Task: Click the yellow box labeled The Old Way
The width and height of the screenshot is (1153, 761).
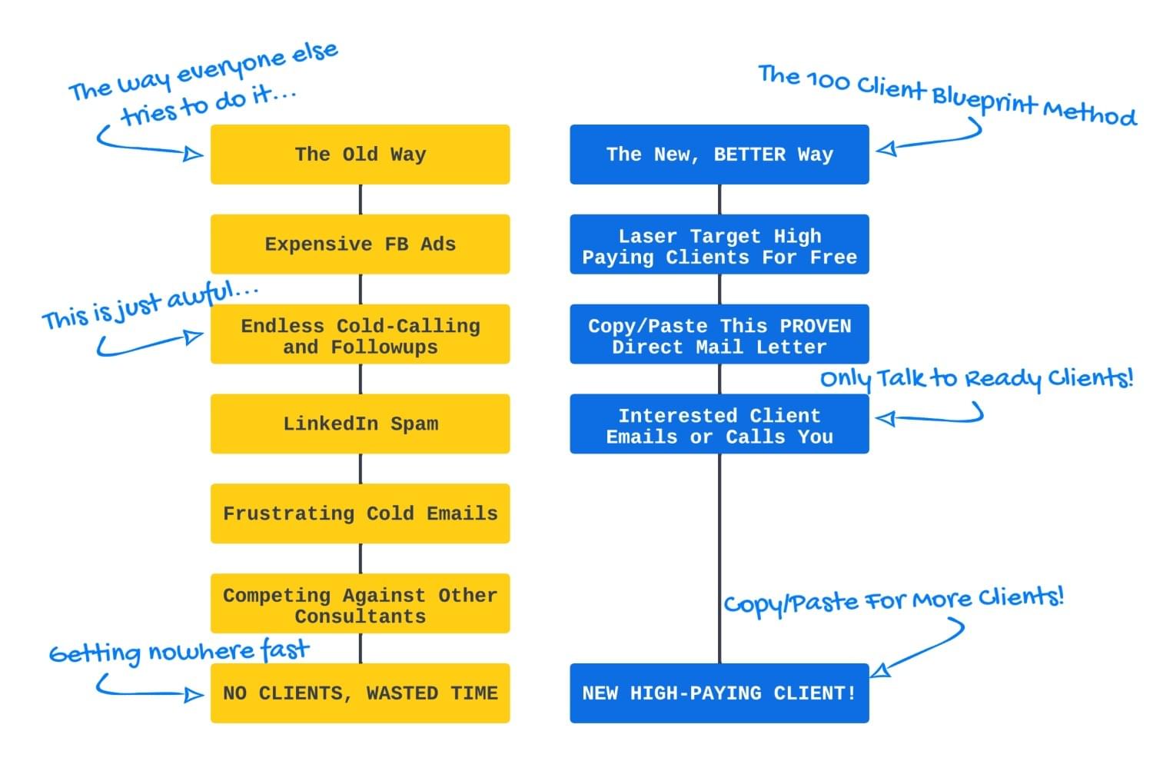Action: click(x=360, y=155)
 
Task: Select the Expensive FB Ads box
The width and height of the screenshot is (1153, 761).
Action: click(x=360, y=244)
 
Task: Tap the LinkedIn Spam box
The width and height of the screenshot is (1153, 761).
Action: click(x=360, y=424)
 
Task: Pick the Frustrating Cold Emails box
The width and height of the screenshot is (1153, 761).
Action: click(x=360, y=513)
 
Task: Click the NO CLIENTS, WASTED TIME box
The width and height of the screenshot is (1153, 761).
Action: click(x=360, y=693)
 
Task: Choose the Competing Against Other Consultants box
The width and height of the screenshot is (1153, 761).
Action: click(x=360, y=603)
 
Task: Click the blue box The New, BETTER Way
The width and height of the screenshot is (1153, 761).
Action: click(x=719, y=155)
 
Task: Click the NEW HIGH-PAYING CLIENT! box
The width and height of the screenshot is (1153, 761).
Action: click(x=719, y=693)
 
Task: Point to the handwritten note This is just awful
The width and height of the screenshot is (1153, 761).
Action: click(x=150, y=305)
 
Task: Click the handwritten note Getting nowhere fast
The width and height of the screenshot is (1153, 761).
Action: click(x=178, y=652)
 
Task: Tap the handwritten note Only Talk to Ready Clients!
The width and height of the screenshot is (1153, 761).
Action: click(x=976, y=378)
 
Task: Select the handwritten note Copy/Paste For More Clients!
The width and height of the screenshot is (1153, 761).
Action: click(x=893, y=600)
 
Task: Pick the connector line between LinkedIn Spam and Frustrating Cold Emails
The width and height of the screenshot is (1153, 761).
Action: click(x=361, y=468)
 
